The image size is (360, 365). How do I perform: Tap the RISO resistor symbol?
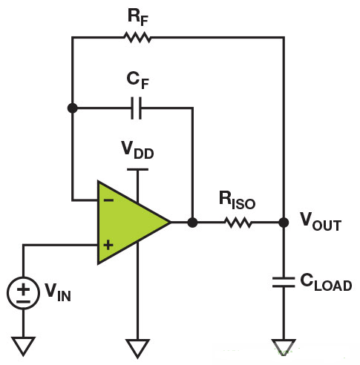click(238, 222)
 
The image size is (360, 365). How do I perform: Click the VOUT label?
click(320, 221)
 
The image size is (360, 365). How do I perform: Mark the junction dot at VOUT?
click(284, 222)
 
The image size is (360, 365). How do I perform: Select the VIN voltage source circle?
click(24, 292)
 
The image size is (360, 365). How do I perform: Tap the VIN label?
click(56, 292)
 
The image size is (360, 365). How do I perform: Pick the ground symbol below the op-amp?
click(137, 346)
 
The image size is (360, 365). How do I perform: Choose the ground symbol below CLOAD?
click(284, 346)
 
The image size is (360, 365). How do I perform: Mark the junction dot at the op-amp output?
click(192, 222)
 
